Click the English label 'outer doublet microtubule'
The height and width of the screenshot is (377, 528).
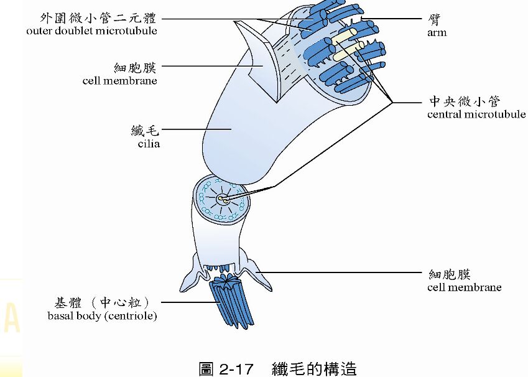point(91,30)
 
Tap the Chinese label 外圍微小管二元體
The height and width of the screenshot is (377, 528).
point(98,18)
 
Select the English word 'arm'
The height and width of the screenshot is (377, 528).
point(437,32)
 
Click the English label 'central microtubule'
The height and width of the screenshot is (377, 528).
point(476,114)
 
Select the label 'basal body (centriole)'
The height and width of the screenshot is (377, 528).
point(102,316)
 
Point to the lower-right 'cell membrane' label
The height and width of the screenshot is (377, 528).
point(464,287)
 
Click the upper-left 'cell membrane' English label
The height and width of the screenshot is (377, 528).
point(119,80)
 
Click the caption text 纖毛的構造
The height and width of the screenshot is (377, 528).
point(314,368)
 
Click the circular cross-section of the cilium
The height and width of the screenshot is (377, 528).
point(221,200)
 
